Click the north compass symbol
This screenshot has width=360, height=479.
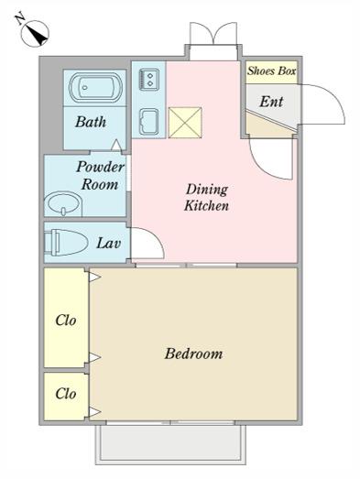[x=35, y=34]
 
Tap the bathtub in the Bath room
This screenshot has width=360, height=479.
[x=95, y=87]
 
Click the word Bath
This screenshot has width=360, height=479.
[x=91, y=122]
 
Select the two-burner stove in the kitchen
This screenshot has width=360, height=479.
[x=149, y=79]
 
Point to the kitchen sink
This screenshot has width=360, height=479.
[x=149, y=121]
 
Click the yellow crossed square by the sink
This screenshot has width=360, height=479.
[x=185, y=122]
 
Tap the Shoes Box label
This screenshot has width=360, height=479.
[x=272, y=71]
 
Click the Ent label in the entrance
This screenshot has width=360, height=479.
[x=271, y=102]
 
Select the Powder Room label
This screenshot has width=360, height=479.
[x=100, y=175]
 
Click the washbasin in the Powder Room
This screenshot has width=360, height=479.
[x=63, y=203]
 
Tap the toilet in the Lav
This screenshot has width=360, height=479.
[x=66, y=243]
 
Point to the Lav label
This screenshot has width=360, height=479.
[x=109, y=244]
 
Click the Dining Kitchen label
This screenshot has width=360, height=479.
[x=207, y=197]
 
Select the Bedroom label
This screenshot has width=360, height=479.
[x=194, y=354]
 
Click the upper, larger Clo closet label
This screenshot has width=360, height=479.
[x=66, y=321]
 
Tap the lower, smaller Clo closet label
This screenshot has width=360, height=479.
[x=66, y=394]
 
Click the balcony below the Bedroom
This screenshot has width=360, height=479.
[x=170, y=444]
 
